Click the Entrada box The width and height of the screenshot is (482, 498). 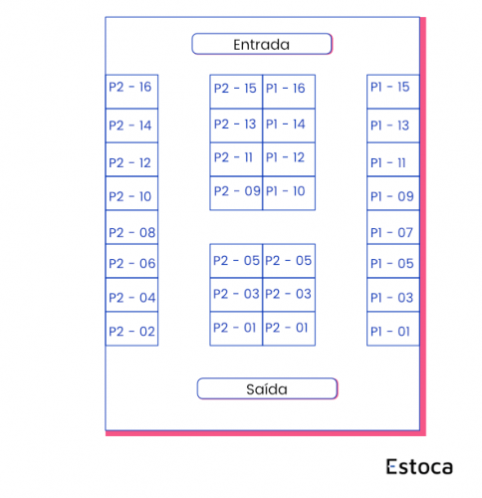click(262, 44)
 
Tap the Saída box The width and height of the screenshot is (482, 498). click(267, 388)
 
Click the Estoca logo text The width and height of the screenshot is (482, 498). click(419, 466)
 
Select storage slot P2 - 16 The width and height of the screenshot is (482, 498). click(131, 92)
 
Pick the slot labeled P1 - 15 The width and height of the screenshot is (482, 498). click(393, 92)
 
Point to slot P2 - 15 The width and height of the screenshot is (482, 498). click(236, 92)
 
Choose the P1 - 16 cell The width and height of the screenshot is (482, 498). click(289, 92)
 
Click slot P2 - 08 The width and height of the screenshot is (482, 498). click(131, 227)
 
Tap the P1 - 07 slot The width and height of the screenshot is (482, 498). click(393, 227)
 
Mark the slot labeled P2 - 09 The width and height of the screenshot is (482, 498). click(236, 193)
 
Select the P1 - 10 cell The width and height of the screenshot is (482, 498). click(289, 193)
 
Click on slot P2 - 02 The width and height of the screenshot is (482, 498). click(131, 329)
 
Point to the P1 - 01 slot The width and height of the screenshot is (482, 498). click(393, 329)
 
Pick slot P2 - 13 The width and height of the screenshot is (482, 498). click(236, 125)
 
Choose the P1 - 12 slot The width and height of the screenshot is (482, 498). click(289, 159)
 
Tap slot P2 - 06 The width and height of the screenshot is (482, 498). click(131, 261)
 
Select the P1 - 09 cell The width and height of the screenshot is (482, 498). click(393, 193)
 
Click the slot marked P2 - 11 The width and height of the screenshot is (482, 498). click(236, 159)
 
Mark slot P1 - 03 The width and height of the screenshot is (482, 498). click(393, 295)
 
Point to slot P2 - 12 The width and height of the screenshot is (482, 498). click(131, 159)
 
